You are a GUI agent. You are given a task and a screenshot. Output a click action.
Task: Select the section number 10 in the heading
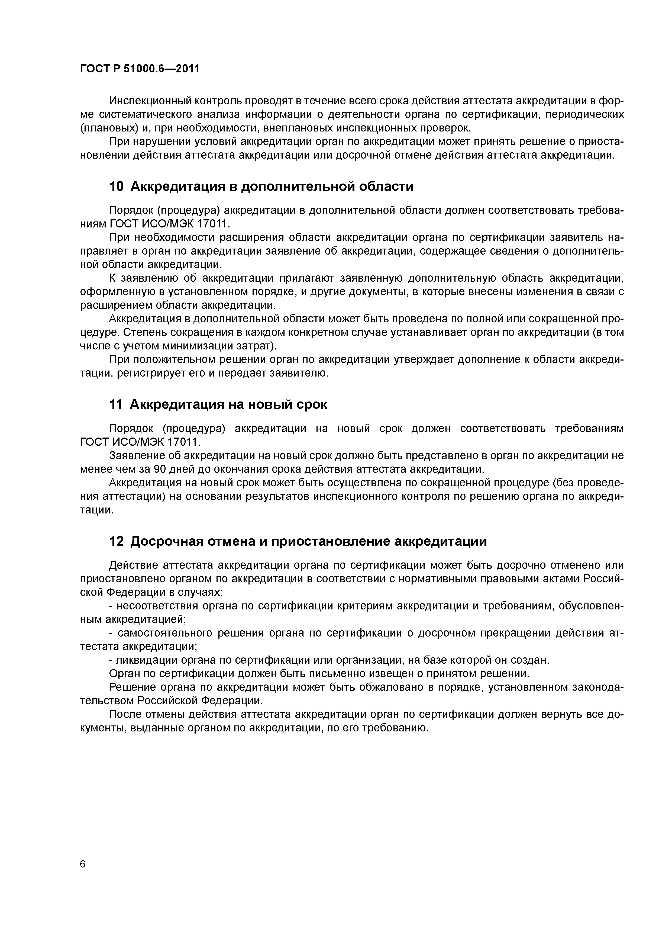click(x=116, y=187)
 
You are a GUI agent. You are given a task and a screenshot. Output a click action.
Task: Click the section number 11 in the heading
click(x=116, y=404)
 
